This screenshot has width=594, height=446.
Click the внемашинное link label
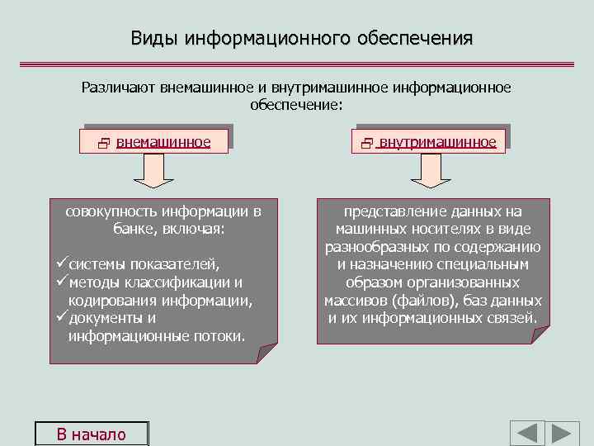(x=163, y=142)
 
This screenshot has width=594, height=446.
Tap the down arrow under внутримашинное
(x=427, y=172)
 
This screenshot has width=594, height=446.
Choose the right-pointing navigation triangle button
(x=564, y=434)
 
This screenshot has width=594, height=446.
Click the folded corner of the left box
(x=267, y=354)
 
